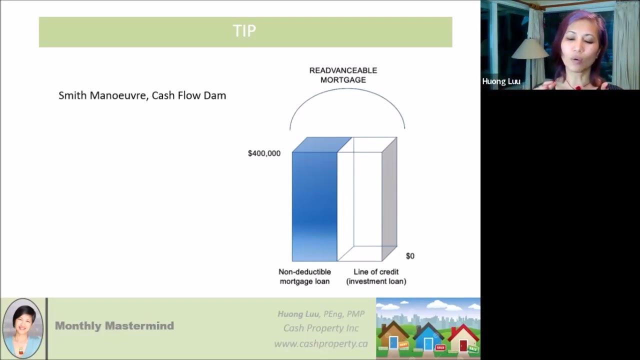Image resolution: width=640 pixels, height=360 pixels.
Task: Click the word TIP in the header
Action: [x=244, y=31]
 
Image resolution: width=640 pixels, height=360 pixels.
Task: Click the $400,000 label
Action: [x=264, y=153]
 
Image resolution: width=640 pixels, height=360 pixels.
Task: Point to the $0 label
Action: [x=410, y=256]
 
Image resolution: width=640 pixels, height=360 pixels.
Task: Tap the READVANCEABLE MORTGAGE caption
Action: [x=343, y=75]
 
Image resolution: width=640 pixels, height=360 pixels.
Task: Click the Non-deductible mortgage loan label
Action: [x=304, y=276]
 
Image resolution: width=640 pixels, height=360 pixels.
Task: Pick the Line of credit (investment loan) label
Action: [x=376, y=276]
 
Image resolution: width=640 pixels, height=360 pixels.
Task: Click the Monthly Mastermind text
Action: [x=114, y=326]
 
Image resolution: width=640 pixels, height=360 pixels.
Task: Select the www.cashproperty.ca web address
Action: [x=320, y=343]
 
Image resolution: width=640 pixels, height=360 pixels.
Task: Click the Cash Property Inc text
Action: [x=320, y=328]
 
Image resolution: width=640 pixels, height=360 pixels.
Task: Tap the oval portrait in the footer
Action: [x=23, y=328]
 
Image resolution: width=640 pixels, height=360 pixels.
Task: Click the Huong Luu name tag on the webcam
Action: [x=501, y=81]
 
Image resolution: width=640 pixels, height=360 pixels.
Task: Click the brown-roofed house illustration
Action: [x=393, y=336]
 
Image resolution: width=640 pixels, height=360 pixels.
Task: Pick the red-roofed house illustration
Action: [x=463, y=337]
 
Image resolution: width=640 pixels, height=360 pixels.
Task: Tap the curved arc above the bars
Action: [x=347, y=89]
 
